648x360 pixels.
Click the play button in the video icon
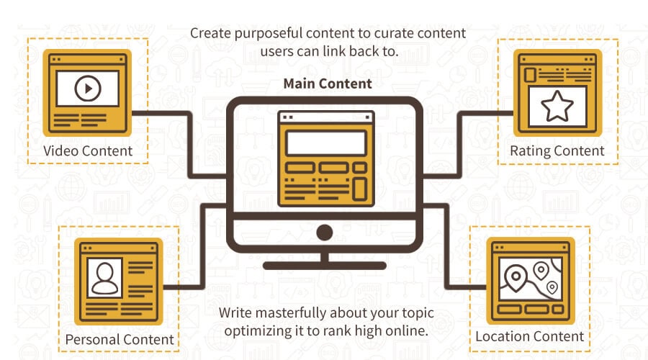point(87,89)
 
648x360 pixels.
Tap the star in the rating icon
point(557,107)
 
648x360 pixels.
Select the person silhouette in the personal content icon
point(104,278)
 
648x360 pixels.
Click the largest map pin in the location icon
point(515,276)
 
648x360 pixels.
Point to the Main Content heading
point(328,84)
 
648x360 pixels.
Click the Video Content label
point(88,151)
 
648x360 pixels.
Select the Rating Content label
point(557,151)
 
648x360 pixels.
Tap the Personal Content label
point(120,338)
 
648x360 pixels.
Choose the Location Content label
point(529,336)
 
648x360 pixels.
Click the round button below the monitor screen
point(325,232)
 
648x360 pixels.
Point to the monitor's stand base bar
point(325,266)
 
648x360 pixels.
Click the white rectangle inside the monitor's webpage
point(326,144)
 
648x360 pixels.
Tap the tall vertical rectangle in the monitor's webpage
point(361,189)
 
